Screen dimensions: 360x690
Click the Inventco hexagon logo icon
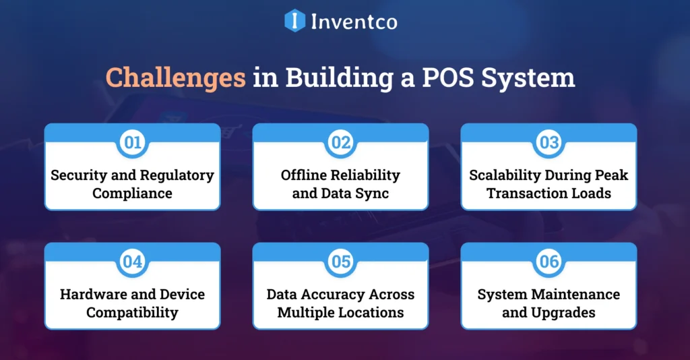tap(295, 20)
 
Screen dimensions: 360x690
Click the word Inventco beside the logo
tap(354, 22)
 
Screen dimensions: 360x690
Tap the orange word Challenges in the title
tap(175, 78)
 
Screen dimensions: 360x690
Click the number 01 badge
tap(132, 142)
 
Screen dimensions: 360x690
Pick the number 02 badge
tap(340, 142)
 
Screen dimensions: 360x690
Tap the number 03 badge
tap(548, 142)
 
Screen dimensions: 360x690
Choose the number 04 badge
tap(132, 262)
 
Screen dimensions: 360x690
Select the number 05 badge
tap(340, 262)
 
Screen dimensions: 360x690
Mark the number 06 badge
tap(548, 262)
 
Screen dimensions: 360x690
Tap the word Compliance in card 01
tap(132, 193)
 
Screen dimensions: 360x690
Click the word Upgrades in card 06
tap(563, 313)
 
